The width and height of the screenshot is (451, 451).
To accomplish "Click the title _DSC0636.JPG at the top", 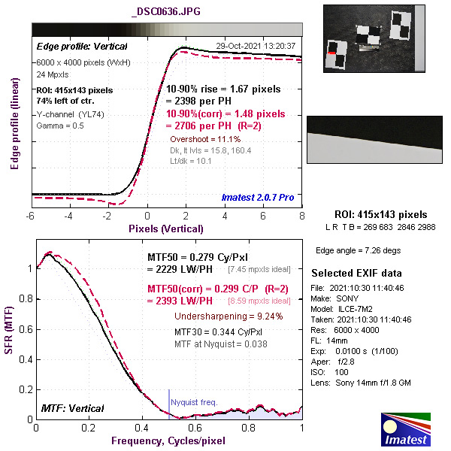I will [165, 13].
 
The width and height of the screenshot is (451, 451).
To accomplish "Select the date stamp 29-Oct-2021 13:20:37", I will [256, 46].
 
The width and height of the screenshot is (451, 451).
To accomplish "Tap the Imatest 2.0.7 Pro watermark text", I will [258, 198].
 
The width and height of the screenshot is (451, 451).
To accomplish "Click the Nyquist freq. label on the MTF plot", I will [194, 402].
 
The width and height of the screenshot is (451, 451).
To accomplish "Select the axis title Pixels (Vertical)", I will [166, 228].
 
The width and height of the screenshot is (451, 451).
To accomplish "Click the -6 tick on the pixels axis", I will [30, 216].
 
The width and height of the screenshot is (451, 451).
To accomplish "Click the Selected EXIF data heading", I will [357, 273].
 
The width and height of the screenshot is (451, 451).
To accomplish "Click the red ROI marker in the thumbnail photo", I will [331, 53].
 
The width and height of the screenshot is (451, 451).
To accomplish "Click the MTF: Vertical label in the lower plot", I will [74, 408].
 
